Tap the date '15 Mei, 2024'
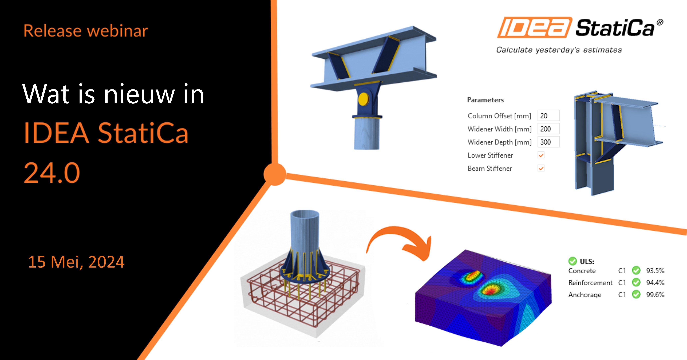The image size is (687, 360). [76, 262]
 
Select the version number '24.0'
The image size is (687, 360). [52, 173]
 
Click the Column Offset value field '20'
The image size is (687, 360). [548, 116]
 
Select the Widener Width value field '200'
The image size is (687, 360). [548, 129]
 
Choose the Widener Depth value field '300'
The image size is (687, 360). [548, 142]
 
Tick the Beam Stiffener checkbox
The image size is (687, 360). [541, 168]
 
